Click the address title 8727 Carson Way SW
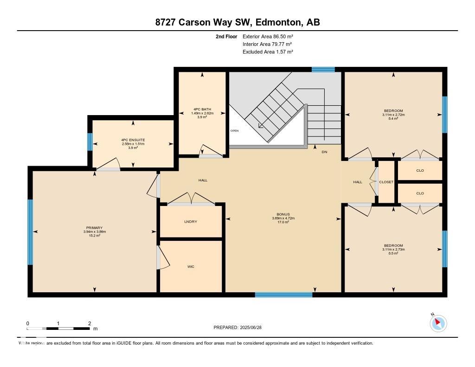(x=237, y=22)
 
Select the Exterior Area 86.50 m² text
(x=268, y=36)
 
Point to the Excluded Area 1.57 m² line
(x=268, y=52)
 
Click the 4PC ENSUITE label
(x=134, y=140)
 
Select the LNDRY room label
(x=191, y=222)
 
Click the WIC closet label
(x=191, y=267)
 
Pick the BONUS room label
(x=283, y=214)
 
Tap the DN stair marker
(x=324, y=152)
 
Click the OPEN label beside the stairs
(x=234, y=131)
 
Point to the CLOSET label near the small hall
(x=386, y=182)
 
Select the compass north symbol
(x=438, y=323)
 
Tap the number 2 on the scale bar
(x=89, y=323)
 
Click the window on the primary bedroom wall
(x=31, y=232)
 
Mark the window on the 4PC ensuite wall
(x=90, y=142)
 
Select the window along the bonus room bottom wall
(x=283, y=295)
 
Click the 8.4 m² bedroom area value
(x=393, y=118)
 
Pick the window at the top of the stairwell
(x=323, y=70)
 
